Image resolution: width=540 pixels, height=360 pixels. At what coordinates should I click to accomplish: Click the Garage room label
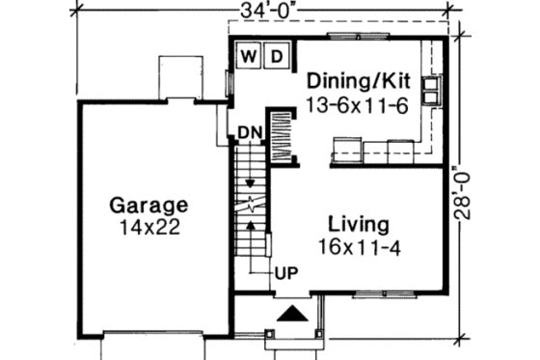pos(148,206)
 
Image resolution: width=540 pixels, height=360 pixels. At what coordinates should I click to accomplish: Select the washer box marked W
pos(249,56)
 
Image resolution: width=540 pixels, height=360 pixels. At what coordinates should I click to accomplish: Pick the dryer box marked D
pos(275,56)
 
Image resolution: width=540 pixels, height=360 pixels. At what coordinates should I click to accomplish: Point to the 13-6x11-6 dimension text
pos(359,102)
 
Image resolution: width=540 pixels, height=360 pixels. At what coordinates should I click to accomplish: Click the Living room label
pos(358,225)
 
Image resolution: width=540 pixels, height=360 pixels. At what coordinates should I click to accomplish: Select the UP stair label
pos(285,272)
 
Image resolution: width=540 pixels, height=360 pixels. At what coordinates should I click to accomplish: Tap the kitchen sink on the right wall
pos(431,89)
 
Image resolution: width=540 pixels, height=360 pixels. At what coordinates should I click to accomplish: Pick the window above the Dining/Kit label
pos(345,37)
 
